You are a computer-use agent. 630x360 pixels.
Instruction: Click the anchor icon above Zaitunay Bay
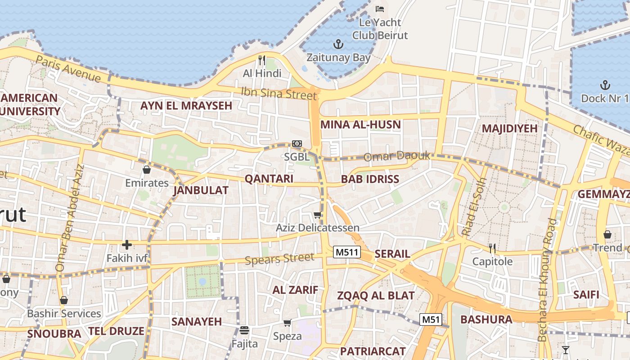pyautogui.click(x=337, y=44)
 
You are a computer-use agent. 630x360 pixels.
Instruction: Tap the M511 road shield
pyautogui.click(x=347, y=252)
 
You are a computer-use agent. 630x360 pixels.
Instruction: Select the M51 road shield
pyautogui.click(x=431, y=319)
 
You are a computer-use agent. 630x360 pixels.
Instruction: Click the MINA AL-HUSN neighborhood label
pyautogui.click(x=360, y=125)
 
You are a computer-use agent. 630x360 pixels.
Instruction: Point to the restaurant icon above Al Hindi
pyautogui.click(x=262, y=60)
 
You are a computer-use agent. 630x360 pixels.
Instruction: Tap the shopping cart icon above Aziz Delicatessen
pyautogui.click(x=318, y=215)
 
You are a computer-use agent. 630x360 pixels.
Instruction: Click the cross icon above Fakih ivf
pyautogui.click(x=127, y=245)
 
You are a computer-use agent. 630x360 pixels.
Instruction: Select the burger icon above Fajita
pyautogui.click(x=244, y=331)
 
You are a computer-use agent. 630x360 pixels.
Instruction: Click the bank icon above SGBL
pyautogui.click(x=297, y=144)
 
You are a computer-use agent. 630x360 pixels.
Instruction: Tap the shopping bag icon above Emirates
pyautogui.click(x=147, y=170)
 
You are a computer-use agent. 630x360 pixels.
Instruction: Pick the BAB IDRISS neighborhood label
pyautogui.click(x=370, y=179)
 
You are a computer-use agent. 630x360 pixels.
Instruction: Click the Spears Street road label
pyautogui.click(x=279, y=259)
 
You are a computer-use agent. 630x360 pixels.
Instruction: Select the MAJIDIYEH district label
pyautogui.click(x=509, y=129)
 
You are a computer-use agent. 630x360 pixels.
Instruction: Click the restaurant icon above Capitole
pyautogui.click(x=492, y=248)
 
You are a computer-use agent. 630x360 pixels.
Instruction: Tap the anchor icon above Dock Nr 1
pyautogui.click(x=605, y=85)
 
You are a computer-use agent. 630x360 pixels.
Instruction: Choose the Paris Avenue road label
pyautogui.click(x=68, y=69)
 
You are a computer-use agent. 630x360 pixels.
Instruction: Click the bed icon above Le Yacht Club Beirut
pyautogui.click(x=380, y=9)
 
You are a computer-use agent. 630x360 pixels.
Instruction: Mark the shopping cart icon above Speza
pyautogui.click(x=287, y=323)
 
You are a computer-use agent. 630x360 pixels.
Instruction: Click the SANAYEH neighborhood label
pyautogui.click(x=197, y=322)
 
